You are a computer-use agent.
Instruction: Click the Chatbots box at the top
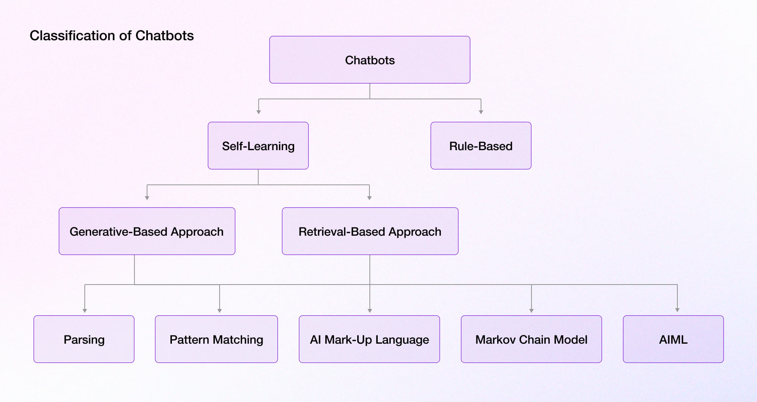click(369, 60)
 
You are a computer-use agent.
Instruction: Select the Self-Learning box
click(258, 146)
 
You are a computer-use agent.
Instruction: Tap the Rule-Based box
click(481, 146)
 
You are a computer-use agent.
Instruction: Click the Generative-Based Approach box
click(147, 231)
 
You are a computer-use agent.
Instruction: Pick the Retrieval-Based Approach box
click(370, 231)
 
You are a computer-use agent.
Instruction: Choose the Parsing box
click(84, 339)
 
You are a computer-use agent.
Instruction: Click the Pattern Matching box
click(216, 339)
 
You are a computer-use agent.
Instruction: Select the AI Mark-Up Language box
click(369, 339)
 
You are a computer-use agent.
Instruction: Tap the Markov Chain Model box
click(531, 339)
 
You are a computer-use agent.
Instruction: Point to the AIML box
click(673, 339)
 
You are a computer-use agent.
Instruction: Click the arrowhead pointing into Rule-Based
click(481, 112)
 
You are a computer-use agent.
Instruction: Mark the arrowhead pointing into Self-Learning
click(259, 112)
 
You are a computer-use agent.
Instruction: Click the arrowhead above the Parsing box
click(85, 311)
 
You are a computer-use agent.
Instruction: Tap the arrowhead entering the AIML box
click(677, 310)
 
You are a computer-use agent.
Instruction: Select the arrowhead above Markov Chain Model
click(531, 311)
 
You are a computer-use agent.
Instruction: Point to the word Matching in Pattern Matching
click(238, 339)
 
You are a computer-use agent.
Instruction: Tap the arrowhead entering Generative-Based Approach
click(147, 198)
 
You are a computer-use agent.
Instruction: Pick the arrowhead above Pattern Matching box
click(220, 311)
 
